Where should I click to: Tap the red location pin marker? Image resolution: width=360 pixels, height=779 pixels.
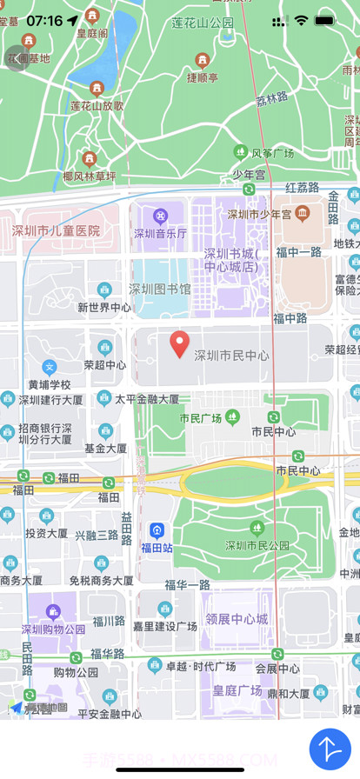click(x=179, y=343)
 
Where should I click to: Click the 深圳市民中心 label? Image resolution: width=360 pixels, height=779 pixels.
click(x=230, y=356)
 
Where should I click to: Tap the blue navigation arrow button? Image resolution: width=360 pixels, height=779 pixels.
click(x=330, y=748)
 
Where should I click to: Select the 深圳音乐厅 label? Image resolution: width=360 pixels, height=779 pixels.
click(x=160, y=233)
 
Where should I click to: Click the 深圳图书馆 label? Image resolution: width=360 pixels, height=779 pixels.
click(x=160, y=289)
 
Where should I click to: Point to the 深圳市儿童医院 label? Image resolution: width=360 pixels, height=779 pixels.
click(x=57, y=231)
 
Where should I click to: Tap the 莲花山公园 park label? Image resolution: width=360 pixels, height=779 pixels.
click(x=203, y=23)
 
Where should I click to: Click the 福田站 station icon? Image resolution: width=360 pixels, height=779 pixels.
click(x=157, y=530)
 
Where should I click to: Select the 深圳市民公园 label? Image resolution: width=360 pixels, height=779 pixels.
click(x=257, y=546)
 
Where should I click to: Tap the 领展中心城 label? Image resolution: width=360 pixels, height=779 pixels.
click(x=237, y=619)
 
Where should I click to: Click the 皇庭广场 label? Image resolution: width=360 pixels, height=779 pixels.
click(x=237, y=690)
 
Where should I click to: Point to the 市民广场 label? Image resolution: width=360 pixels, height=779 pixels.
click(x=200, y=418)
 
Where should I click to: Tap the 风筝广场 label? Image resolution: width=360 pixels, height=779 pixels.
click(x=273, y=154)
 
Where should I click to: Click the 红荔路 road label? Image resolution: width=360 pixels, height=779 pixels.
click(x=302, y=187)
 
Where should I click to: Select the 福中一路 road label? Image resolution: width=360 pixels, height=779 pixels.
click(x=299, y=252)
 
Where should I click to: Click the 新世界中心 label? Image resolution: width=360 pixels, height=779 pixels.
click(x=104, y=307)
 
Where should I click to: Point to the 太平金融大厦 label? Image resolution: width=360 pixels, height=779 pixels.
click(x=147, y=400)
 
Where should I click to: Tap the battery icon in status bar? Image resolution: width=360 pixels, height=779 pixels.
click(x=325, y=20)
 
